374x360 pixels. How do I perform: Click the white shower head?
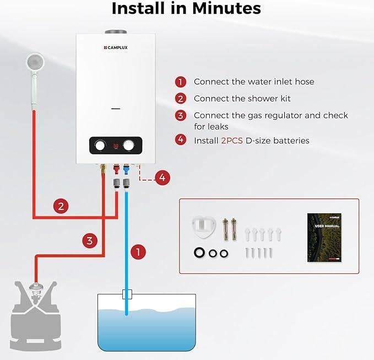[35, 62]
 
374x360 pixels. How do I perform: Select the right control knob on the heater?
[129, 146]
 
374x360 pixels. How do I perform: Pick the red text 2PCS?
[232, 141]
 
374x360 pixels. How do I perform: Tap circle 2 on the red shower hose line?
[62, 207]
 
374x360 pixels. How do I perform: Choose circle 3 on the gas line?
[90, 240]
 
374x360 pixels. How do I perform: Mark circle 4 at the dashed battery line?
[162, 178]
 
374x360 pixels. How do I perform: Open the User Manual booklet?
[324, 238]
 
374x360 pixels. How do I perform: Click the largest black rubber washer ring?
[198, 252]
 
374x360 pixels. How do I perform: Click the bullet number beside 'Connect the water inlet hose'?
[181, 82]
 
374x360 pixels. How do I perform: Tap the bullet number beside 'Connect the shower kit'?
[181, 99]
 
